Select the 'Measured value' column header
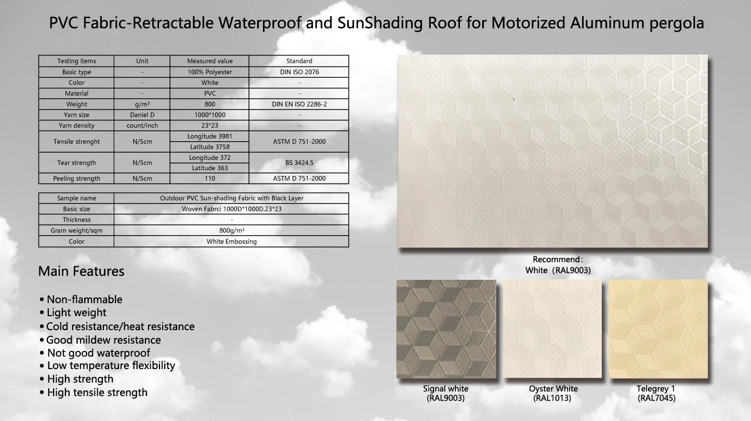point(209,61)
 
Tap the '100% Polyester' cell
point(209,72)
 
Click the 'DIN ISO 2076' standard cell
point(299,72)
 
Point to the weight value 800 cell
point(209,104)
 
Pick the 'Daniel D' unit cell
point(142,115)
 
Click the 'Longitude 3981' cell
point(209,137)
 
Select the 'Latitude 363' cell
point(209,168)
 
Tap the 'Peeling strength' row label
point(76,179)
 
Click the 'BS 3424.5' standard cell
point(299,162)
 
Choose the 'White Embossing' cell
point(231,241)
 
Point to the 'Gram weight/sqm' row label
point(76,230)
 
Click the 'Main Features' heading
point(81,271)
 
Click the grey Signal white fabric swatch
point(446,329)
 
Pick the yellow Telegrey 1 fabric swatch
point(658,329)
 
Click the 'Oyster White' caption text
point(553,389)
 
